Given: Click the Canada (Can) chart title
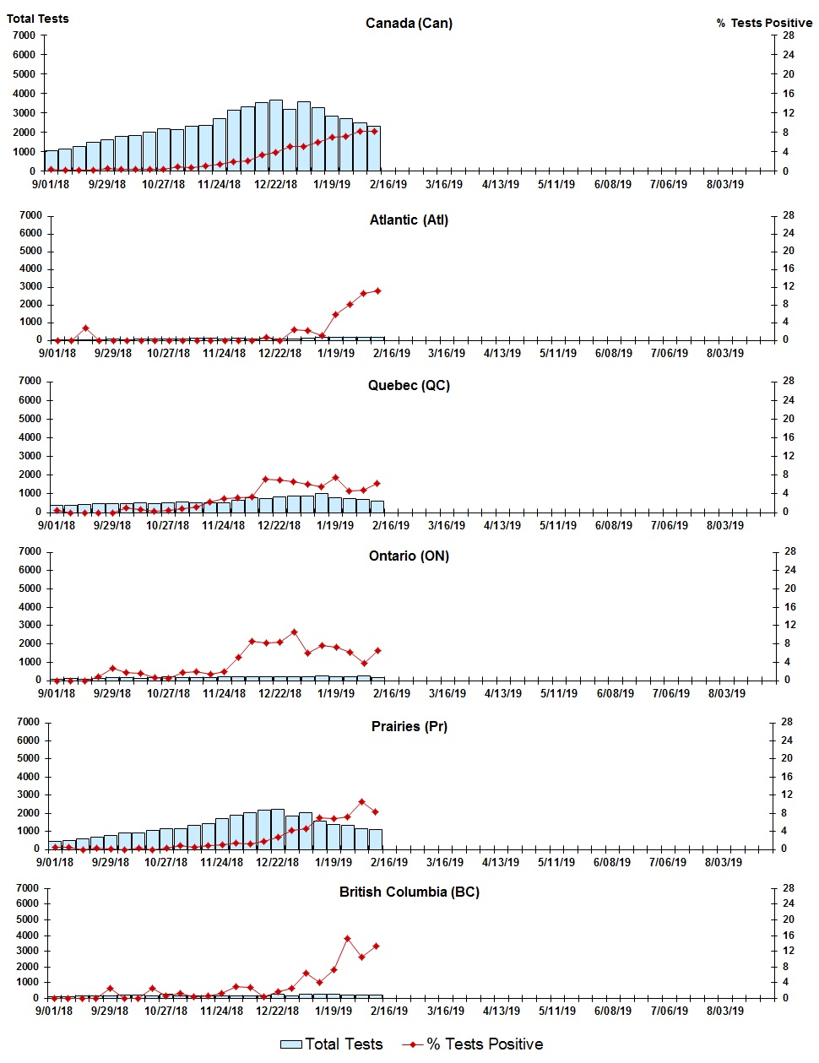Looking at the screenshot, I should tap(409, 23).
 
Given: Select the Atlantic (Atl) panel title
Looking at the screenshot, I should tap(409, 220).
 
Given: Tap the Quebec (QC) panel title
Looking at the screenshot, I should tap(409, 385).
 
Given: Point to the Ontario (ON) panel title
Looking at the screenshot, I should tap(409, 556).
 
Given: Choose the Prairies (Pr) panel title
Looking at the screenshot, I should tap(409, 726).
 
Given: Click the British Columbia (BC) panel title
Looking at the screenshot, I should tap(409, 892).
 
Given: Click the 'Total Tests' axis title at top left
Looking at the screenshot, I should tap(38, 19).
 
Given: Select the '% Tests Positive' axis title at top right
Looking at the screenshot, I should tap(764, 23).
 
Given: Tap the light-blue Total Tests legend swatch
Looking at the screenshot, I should tap(290, 1044).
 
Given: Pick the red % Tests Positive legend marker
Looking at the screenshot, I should tap(412, 1044).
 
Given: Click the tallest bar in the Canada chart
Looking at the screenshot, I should tap(276, 135).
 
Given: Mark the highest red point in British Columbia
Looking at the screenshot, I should tap(347, 938).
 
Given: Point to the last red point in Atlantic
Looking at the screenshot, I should tap(377, 290).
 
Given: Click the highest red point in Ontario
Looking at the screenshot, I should tap(294, 632).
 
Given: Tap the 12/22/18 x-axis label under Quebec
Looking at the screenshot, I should tap(279, 525).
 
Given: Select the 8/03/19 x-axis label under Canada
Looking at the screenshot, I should tap(724, 184).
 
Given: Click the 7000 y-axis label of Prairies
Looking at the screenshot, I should tap(28, 722).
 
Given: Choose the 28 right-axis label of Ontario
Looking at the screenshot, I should tap(789, 551).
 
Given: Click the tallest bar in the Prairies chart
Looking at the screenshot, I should tap(277, 829).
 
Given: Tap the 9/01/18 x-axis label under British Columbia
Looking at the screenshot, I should tap(54, 1011).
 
